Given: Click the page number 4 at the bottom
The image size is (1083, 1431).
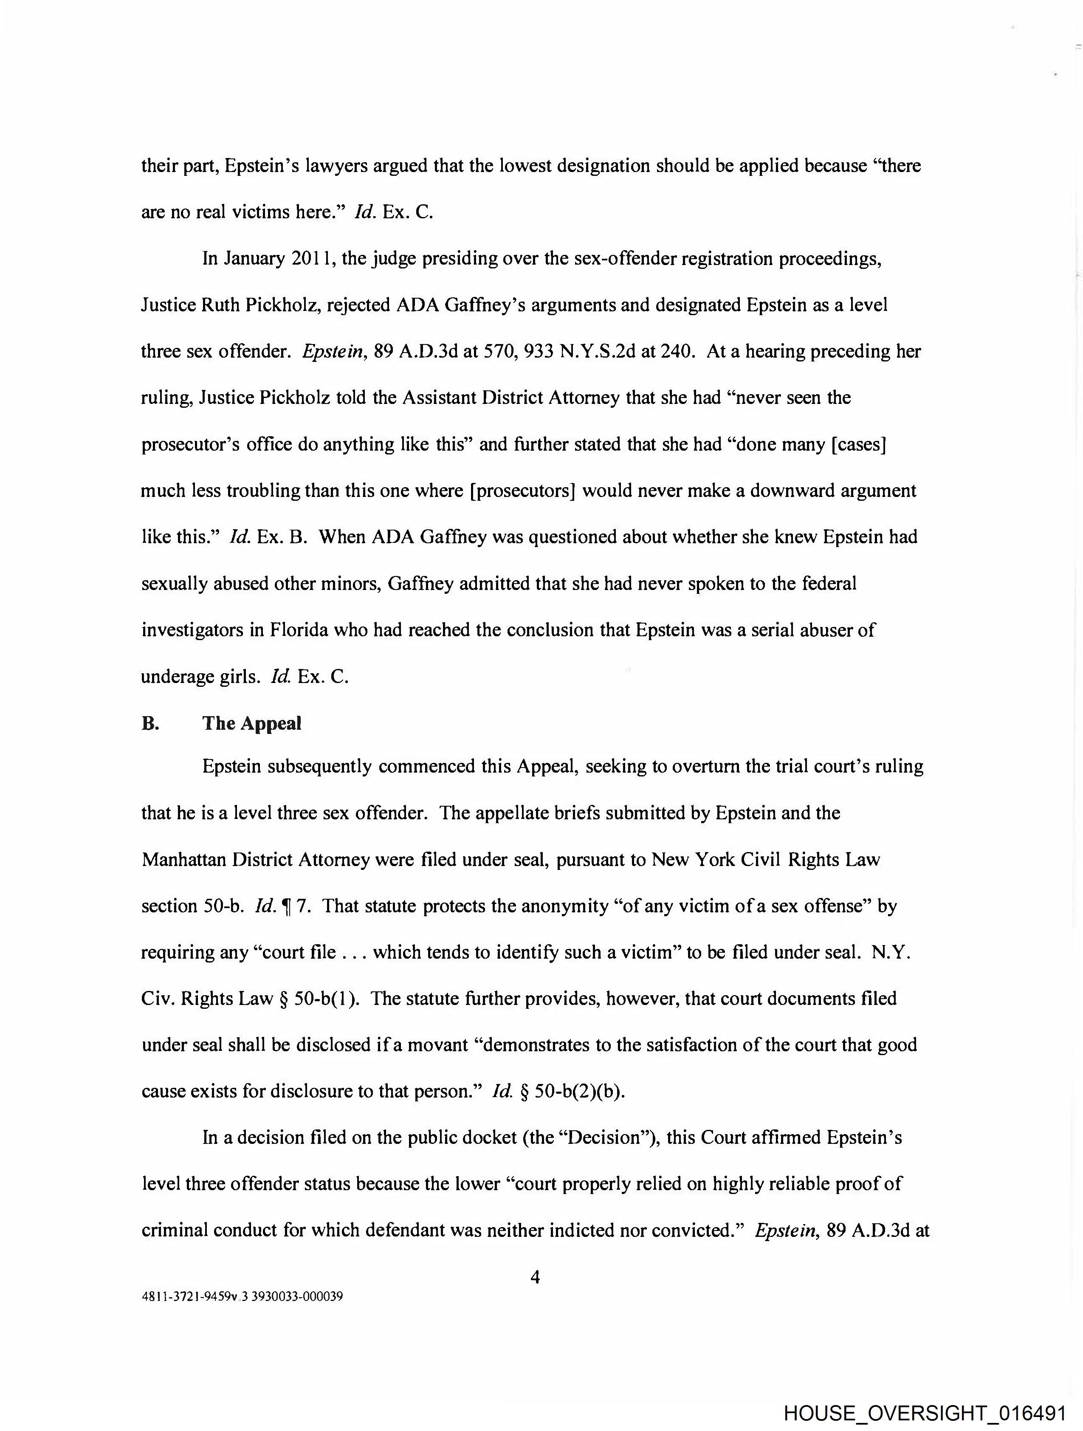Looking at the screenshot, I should click(x=534, y=1276).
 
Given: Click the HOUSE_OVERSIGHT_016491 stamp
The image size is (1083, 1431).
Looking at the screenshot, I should click(x=924, y=1411).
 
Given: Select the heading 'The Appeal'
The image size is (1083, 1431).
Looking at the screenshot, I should click(x=252, y=723).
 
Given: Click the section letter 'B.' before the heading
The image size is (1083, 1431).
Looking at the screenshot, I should click(x=150, y=723).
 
